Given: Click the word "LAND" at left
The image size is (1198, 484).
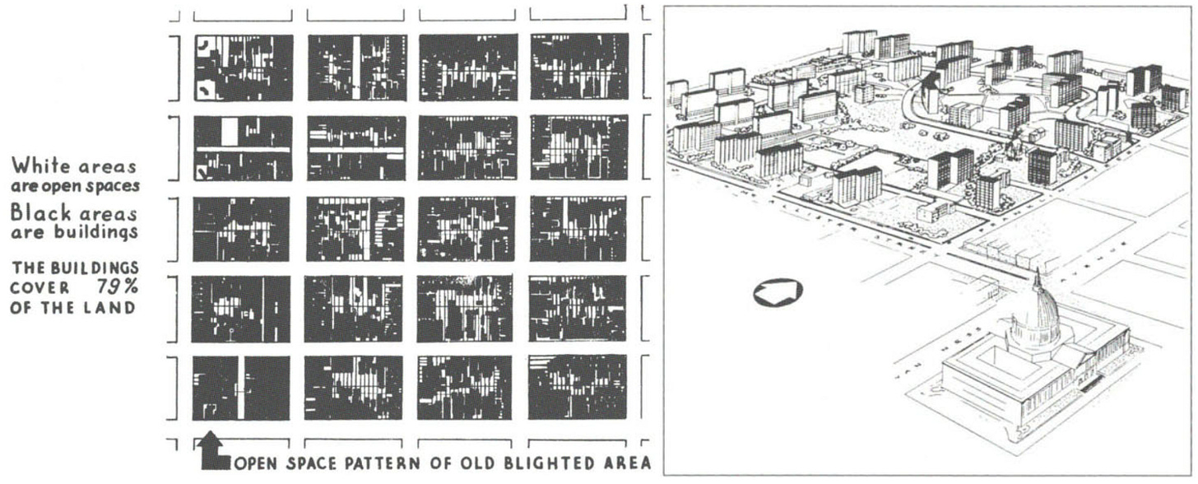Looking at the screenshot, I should tap(115, 308).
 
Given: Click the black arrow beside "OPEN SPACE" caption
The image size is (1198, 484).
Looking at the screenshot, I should tap(214, 452).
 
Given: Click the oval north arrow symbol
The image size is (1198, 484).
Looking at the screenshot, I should tap(778, 291).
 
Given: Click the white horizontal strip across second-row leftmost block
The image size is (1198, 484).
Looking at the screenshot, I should tap(243, 151).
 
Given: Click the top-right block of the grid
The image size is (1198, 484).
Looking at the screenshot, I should tap(579, 67).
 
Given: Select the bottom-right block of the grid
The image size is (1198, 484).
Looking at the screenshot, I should tap(578, 387).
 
